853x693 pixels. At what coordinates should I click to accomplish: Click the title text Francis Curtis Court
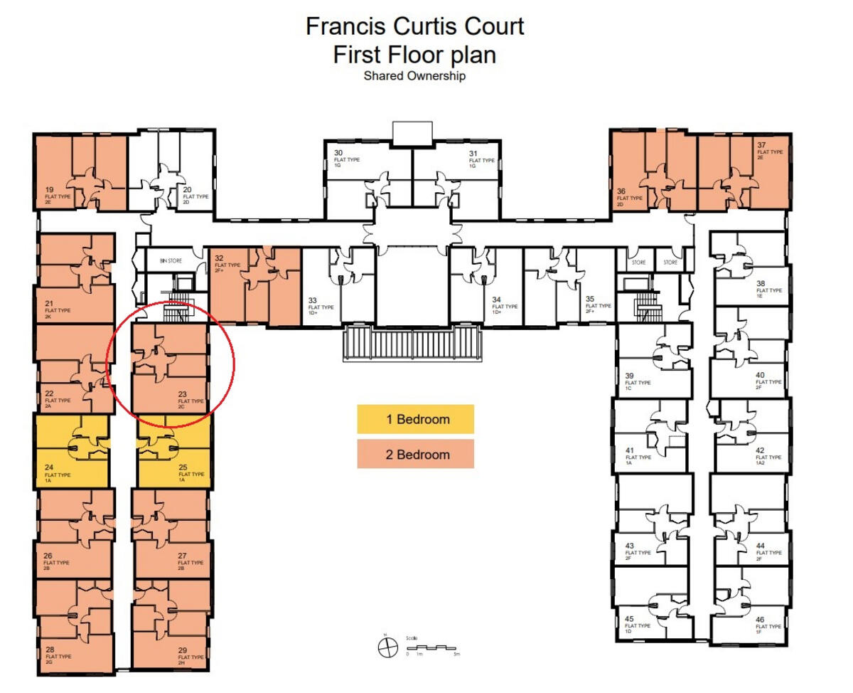(x=415, y=26)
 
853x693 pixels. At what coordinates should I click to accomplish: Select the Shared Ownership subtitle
(x=414, y=75)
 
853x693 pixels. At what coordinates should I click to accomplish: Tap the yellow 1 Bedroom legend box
(x=415, y=419)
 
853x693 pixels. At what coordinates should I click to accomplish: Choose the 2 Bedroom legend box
(x=415, y=455)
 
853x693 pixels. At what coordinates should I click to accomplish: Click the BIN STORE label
(x=171, y=261)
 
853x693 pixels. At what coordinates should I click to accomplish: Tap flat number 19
(x=49, y=190)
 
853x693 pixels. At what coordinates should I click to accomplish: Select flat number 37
(x=761, y=145)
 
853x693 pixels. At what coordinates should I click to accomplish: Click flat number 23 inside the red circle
(x=183, y=394)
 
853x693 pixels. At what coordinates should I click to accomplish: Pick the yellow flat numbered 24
(x=48, y=467)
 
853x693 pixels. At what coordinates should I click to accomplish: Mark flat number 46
(x=761, y=619)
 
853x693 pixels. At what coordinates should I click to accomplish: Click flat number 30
(x=338, y=153)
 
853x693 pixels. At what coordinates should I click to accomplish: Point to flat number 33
(x=313, y=300)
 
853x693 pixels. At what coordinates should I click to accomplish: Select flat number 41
(x=630, y=450)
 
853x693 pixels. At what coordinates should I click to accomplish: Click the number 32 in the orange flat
(x=219, y=258)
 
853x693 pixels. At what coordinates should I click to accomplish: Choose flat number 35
(x=589, y=299)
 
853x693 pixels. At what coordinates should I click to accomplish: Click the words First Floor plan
(x=414, y=54)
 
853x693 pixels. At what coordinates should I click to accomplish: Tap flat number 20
(x=187, y=190)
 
